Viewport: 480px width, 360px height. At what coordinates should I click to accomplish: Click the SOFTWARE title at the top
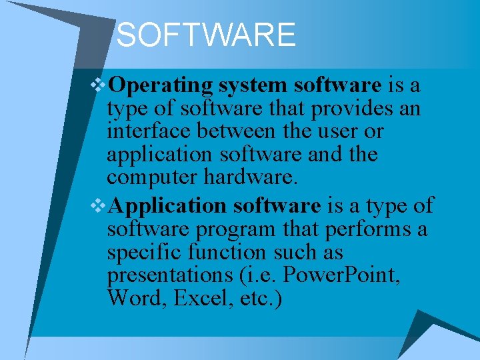pos(205,35)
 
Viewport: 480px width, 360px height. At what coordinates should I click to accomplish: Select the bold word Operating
pos(161,86)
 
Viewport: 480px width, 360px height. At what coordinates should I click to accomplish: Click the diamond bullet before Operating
pos(101,85)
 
